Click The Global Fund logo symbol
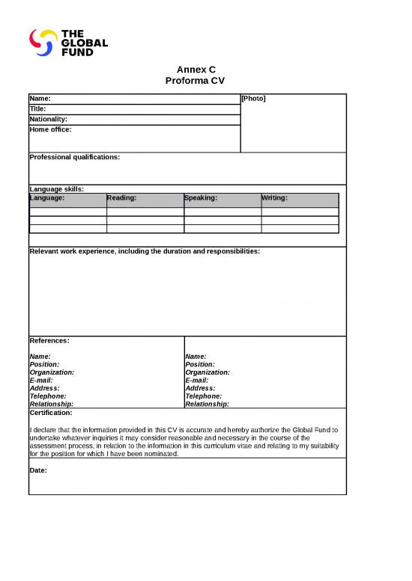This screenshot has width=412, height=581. coord(43,42)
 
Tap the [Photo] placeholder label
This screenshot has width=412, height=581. coord(253,99)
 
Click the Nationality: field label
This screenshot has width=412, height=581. coord(48,120)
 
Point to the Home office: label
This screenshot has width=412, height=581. coord(50,129)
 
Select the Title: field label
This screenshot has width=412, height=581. coord(37,109)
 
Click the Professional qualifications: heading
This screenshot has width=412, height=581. coord(74,157)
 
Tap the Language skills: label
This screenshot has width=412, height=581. coord(56,189)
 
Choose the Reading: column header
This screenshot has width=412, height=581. coord(122,198)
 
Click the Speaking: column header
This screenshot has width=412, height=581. coord(201,198)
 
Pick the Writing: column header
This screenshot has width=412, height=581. coord(275,198)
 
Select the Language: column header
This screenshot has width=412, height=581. coord(47,198)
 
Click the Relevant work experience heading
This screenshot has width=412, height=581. coord(145,251)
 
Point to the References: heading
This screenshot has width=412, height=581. coord(49,340)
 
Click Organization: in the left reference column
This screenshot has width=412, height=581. coord(52,372)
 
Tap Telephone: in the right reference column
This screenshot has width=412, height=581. coord(203,396)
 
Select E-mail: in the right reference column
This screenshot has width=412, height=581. coord(197,380)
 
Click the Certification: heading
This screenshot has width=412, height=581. coord(51,412)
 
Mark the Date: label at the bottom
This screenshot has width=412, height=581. coord(38,470)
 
